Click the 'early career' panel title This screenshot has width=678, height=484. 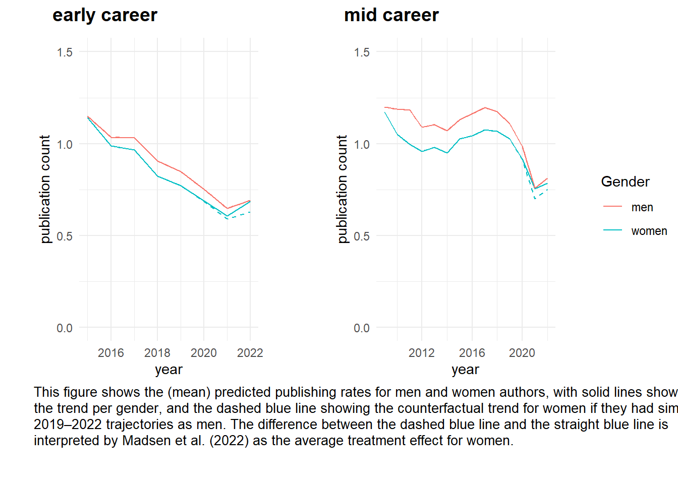click(104, 15)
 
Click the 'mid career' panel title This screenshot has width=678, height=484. click(391, 15)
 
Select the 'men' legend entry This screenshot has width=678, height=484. click(642, 207)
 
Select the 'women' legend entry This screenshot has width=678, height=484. click(649, 231)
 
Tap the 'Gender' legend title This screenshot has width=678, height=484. click(625, 181)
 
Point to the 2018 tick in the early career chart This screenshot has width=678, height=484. click(157, 352)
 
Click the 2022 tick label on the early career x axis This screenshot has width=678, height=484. click(250, 352)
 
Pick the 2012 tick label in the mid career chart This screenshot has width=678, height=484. click(421, 352)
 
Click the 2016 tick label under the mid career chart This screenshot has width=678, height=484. click(472, 352)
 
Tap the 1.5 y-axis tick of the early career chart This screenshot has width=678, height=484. click(65, 52)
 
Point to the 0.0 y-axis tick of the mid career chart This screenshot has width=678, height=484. click(362, 328)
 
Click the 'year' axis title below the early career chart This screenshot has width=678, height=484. click(168, 370)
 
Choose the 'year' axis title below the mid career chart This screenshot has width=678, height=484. click(465, 370)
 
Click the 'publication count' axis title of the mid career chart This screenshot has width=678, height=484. click(342, 189)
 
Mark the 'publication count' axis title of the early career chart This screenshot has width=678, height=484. click(45, 189)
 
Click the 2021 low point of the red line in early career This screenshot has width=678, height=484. click(227, 208)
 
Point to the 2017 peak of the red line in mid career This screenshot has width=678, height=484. click(485, 107)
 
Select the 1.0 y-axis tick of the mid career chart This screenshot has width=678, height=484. click(362, 145)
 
